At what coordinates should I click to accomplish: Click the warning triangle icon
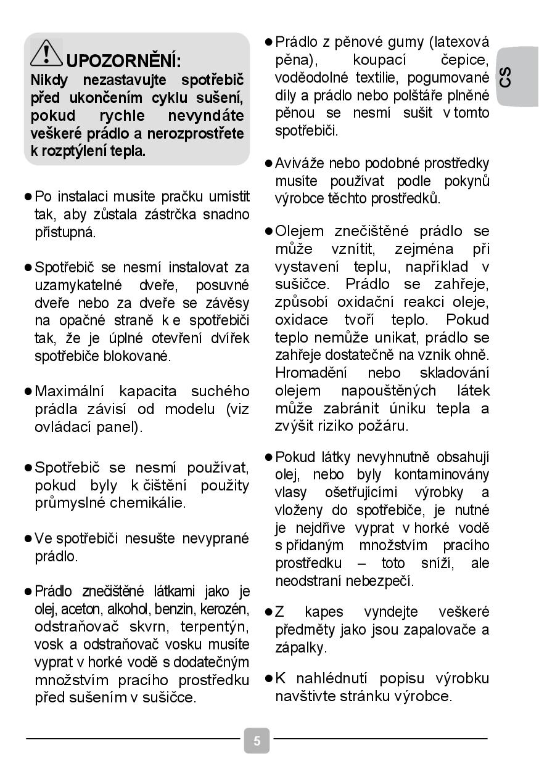coord(46,52)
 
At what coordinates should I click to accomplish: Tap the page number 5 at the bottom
coord(257,741)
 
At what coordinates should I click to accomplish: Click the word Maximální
coord(70,391)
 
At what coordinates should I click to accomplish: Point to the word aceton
coord(83,609)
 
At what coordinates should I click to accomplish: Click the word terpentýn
coord(215,627)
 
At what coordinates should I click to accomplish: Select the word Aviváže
coord(300,163)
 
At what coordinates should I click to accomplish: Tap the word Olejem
coord(299,231)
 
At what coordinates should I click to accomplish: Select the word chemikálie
coord(147,503)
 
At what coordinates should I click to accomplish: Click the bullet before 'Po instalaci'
coord(28,197)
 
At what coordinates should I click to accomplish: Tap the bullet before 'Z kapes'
coord(268,612)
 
